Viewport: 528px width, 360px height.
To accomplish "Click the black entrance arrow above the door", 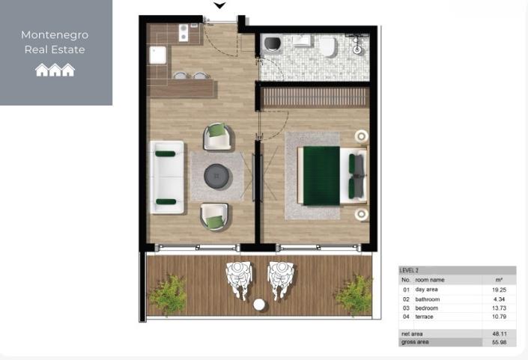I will tap(219, 6).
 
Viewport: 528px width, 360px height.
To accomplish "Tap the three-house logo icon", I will tap(55, 70).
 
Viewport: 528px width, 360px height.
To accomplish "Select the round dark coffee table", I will tap(217, 176).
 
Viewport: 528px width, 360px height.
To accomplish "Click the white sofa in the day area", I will tap(166, 177).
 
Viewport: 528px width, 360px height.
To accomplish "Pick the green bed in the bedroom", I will tap(323, 175).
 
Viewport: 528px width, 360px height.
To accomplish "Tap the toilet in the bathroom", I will tap(327, 48).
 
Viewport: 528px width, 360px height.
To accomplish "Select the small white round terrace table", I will tap(259, 305).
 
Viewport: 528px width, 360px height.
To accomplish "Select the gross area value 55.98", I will tap(499, 342).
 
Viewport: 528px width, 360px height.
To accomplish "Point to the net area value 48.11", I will tap(499, 333).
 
